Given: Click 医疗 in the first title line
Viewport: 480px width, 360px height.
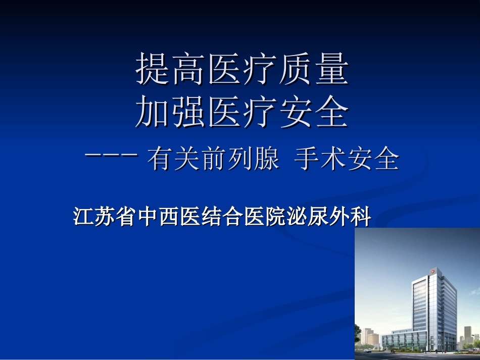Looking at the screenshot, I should tap(242, 70).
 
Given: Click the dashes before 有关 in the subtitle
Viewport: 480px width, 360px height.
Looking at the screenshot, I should tap(112, 156).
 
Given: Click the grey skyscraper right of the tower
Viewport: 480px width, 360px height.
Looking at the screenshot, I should tap(467, 333).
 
